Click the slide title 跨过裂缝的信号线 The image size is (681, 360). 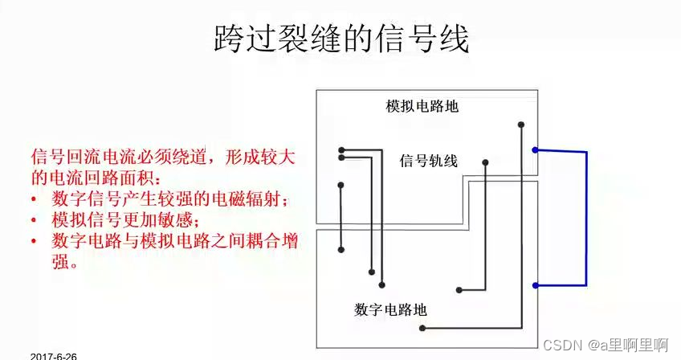pos(341,38)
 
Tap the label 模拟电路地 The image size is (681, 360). pos(422,107)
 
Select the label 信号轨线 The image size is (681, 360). pos(428,161)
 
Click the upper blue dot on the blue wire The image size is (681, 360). pos(535,149)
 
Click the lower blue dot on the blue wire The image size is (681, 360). pos(535,284)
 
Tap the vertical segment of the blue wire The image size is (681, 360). pos(586,217)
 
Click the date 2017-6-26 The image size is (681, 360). pos(54,354)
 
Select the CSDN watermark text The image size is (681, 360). pos(606,344)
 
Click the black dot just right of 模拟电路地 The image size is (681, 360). pos(522,125)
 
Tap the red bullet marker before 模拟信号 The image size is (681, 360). pos(34,219)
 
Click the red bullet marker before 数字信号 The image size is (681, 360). pos(34,198)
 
